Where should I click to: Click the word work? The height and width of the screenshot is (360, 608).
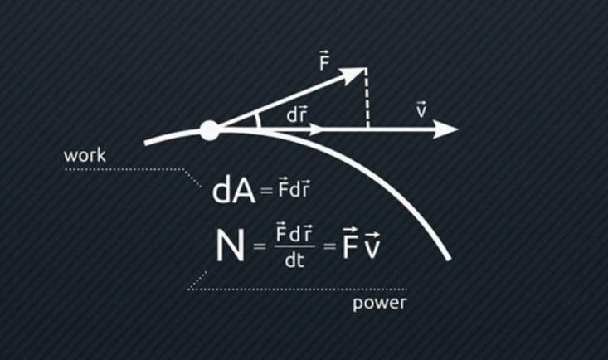coord(85,156)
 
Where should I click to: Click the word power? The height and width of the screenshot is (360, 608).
coord(379,303)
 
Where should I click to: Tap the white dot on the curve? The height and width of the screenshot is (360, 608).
coord(210,130)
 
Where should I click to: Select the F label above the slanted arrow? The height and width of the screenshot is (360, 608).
coord(324,61)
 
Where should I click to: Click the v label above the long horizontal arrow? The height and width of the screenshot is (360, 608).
coord(421,109)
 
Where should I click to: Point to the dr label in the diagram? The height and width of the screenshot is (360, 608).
coord(297,114)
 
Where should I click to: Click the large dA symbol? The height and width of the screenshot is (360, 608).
coord(234,191)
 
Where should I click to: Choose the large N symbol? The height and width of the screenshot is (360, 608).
coord(230,246)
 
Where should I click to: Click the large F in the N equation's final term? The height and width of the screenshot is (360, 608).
coord(350,246)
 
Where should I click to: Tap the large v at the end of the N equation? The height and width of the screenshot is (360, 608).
coord(372,247)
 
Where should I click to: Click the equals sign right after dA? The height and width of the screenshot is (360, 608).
coord(265,192)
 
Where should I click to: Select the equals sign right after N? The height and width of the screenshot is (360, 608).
coord(260,246)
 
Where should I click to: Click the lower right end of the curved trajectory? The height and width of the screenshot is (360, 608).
coord(448,258)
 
